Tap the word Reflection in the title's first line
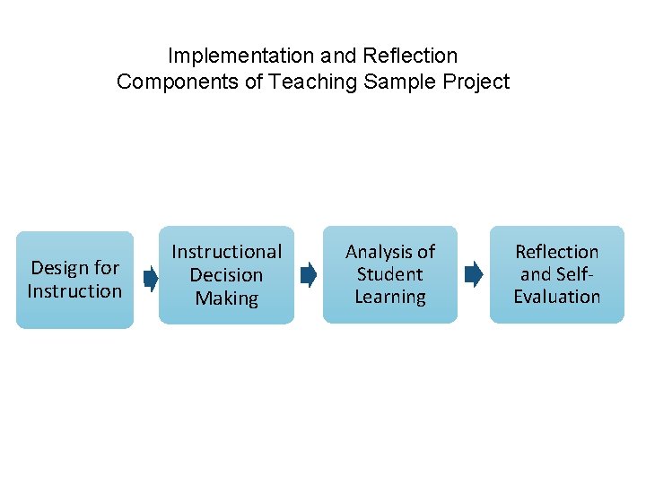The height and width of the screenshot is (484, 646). click(x=410, y=56)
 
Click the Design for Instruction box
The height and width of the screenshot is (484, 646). click(x=74, y=280)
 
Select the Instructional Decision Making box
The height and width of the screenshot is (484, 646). click(x=226, y=274)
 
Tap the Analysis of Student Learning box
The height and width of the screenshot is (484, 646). click(x=390, y=274)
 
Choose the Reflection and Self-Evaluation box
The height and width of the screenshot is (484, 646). click(x=556, y=274)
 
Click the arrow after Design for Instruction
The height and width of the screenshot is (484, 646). click(x=150, y=280)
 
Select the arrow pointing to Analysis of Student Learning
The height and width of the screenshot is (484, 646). click(x=308, y=274)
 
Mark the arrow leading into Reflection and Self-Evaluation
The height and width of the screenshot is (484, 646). click(x=473, y=274)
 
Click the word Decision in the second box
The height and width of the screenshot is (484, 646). click(x=226, y=275)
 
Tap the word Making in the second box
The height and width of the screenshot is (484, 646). click(x=226, y=298)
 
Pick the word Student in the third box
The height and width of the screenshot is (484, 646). click(x=389, y=274)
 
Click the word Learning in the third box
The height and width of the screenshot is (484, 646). click(x=389, y=297)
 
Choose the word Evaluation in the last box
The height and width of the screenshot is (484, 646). click(x=556, y=297)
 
